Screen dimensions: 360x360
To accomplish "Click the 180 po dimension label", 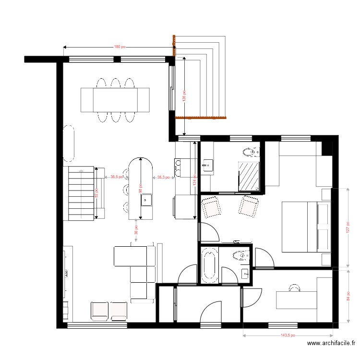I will tap(120, 47).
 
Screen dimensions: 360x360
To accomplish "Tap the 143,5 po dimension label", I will tap(288, 336).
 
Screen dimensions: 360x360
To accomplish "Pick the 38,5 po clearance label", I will tap(117, 177).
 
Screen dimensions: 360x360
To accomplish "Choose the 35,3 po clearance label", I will tap(164, 177).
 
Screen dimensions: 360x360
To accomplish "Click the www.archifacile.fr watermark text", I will tap(330, 344).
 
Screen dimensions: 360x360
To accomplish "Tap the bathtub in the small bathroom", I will tap(209, 264).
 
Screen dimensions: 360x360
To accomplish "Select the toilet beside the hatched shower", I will tap(251, 153).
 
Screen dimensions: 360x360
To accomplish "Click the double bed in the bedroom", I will tap(305, 227).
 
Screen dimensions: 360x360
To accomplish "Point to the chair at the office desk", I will tap(294, 287).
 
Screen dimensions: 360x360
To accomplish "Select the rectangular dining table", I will tap(115, 99).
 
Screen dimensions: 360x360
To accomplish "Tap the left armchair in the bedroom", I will tap(211, 208).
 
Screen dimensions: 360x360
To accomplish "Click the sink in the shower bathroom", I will tap(207, 166).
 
